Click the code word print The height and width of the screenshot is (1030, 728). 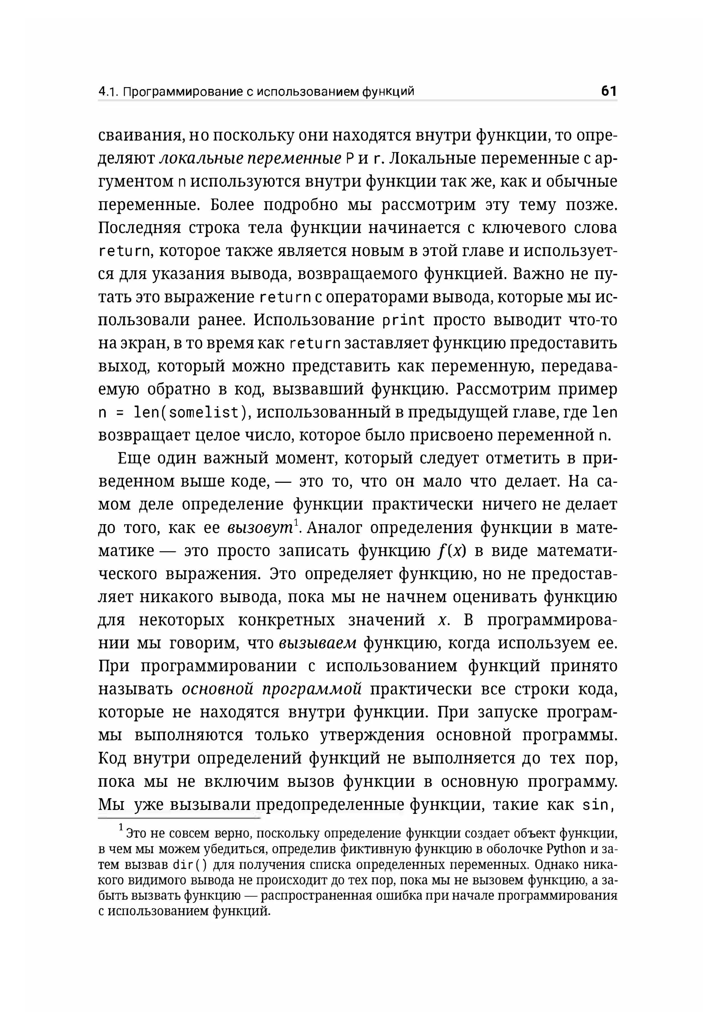[x=403, y=320]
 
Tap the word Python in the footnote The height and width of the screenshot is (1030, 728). [x=566, y=849]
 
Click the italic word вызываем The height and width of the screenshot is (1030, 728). [x=317, y=643]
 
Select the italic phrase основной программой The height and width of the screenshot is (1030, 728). [x=272, y=689]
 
